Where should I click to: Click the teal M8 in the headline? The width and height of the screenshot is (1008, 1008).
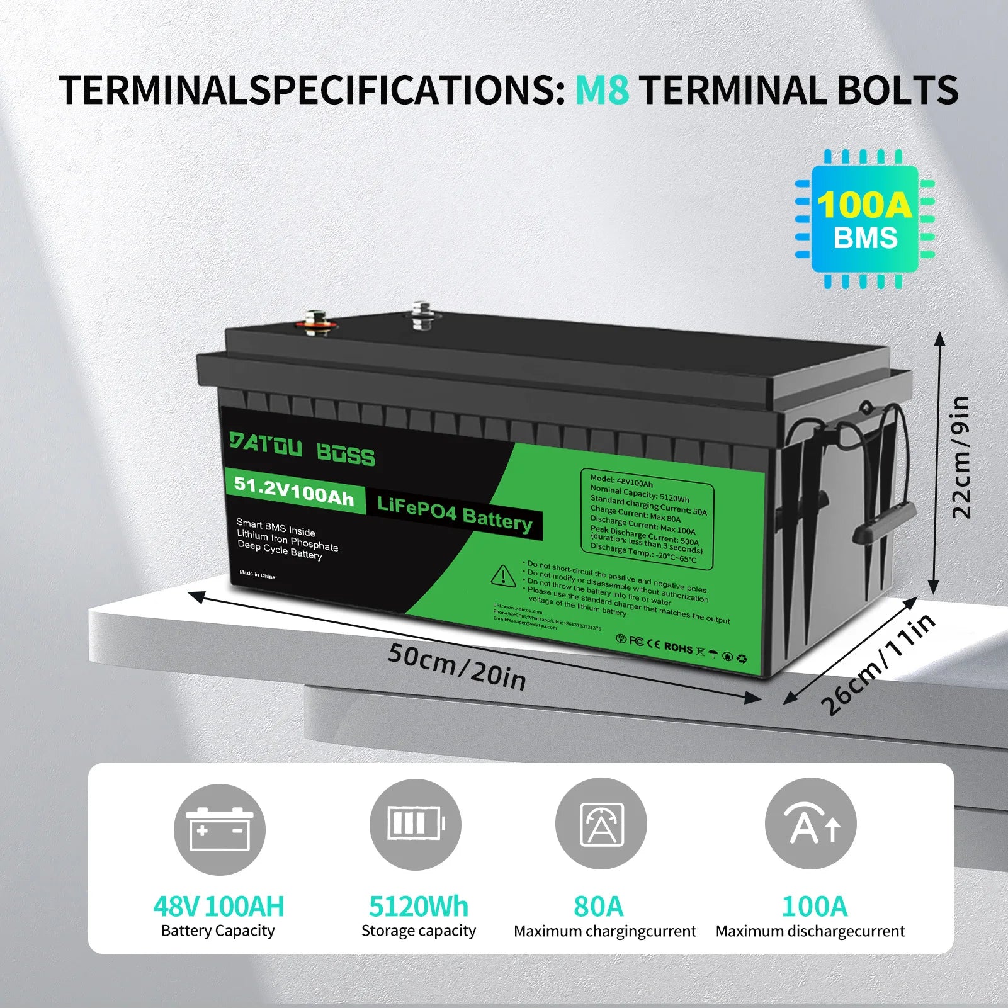(x=602, y=90)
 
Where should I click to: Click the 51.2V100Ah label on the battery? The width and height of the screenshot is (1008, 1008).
(x=293, y=491)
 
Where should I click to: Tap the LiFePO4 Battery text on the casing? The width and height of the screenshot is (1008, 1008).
(x=454, y=514)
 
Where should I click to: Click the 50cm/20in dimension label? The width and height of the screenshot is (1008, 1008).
(x=456, y=667)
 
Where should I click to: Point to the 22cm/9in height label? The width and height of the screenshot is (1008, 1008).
(x=961, y=457)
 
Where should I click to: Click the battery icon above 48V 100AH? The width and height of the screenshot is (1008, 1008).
(x=219, y=829)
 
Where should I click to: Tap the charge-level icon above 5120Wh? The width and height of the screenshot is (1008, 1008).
(x=415, y=824)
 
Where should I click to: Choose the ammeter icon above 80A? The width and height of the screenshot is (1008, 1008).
(x=601, y=824)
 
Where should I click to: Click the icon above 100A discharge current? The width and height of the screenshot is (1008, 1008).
(x=810, y=824)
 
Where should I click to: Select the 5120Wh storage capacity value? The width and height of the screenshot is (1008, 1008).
(x=418, y=907)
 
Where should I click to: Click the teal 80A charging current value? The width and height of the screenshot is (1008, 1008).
(x=598, y=907)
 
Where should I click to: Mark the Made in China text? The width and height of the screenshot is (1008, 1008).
(x=257, y=575)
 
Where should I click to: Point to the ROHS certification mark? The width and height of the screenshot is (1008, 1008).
(x=678, y=647)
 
